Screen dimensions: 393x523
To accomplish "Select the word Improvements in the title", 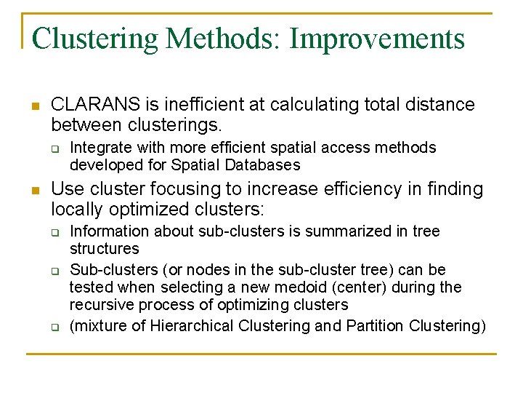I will [x=377, y=39].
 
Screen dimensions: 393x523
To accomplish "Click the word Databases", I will [x=263, y=164].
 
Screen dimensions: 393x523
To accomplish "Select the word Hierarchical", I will [x=191, y=325].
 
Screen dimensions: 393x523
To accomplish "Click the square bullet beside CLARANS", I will [x=35, y=106].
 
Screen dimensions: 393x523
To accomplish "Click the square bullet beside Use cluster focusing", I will [x=35, y=190].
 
